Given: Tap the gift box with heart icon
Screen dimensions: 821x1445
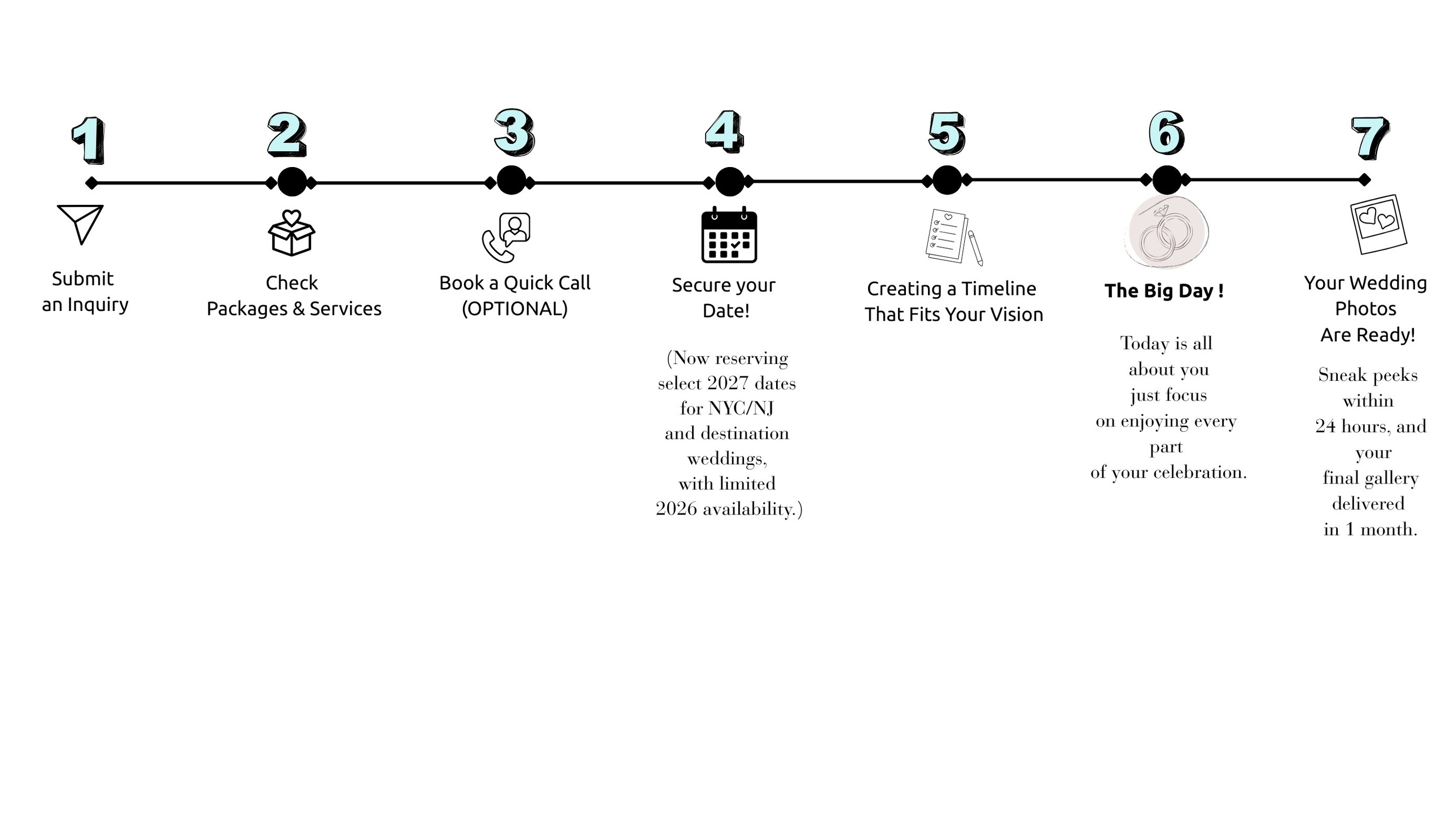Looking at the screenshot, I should coord(291,233).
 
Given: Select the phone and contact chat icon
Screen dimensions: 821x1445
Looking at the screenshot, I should coord(506,238).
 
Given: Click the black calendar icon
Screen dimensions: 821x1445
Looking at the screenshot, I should coord(729,235).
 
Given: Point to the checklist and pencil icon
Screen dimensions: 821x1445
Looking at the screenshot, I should coord(953,237).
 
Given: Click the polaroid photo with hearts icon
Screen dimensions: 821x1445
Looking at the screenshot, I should coord(1378,225).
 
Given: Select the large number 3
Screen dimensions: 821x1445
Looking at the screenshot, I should coord(514,132).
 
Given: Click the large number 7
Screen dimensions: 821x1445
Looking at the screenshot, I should coord(1370,138).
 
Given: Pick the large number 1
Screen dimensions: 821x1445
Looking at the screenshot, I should coord(89,140).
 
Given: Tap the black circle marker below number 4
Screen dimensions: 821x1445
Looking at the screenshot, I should coord(729,182).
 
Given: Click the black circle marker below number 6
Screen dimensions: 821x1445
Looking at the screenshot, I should coord(1166,180).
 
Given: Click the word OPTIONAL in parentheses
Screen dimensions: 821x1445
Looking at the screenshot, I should coord(514,309).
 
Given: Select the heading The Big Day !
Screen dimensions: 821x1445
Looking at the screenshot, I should coord(1163,291).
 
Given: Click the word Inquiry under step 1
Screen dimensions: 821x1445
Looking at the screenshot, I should coord(98,305).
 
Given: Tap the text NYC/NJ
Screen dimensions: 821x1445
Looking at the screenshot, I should coord(741,408).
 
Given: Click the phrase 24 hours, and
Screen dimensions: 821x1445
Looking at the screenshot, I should coord(1370,426).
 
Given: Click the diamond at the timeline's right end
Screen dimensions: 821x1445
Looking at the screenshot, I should coord(1364,180).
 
